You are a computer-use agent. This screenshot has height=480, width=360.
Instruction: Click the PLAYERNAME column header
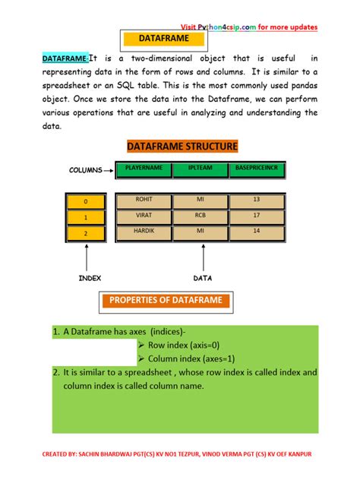pos(144,169)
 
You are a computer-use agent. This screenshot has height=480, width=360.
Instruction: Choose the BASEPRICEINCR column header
pos(256,169)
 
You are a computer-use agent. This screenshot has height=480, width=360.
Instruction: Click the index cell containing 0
pos(86,201)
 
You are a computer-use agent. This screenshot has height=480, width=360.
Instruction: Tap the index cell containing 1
pos(86,216)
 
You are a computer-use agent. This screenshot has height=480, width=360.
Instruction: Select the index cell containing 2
pos(86,232)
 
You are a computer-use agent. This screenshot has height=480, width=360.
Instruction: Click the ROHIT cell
pos(144,200)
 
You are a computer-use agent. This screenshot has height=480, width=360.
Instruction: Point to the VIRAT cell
pos(144,215)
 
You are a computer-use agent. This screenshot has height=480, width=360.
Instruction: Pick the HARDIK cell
pos(144,230)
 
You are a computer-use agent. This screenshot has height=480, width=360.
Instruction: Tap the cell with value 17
pos(256,215)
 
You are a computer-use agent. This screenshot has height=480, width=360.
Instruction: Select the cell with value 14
pos(256,230)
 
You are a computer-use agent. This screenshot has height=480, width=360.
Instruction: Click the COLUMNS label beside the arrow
pos(86,170)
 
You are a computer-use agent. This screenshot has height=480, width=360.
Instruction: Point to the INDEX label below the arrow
pos(90,279)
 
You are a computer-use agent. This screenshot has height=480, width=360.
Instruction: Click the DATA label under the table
pos(202,279)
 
